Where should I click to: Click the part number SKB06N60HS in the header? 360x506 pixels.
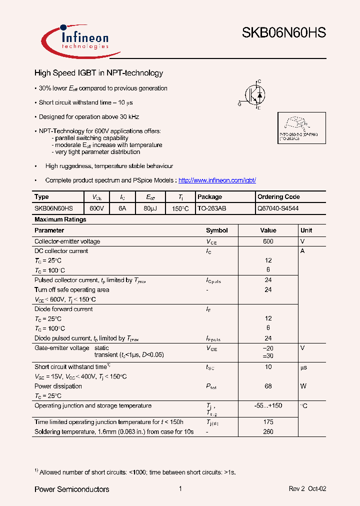pos(284,33)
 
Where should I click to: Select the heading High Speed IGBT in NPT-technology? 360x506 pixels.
pos(98,73)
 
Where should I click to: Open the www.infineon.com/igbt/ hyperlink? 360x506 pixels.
pos(217,180)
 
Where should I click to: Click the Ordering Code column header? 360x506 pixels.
pos(278,197)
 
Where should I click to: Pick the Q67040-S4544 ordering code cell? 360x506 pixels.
pos(278,208)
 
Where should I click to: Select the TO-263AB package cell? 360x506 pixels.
pos(212,208)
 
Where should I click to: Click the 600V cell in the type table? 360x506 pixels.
pos(96,208)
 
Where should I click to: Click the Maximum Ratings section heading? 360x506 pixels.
pos(60,219)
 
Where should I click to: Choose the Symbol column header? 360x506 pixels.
pos(216,230)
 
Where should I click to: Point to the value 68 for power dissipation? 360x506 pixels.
pos(268,386)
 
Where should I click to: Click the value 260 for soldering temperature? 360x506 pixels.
pos(268,431)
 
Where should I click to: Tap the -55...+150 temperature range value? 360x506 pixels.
pos(268,406)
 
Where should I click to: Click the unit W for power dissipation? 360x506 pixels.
pos(302,386)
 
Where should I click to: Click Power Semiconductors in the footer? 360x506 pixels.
pos(71,489)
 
